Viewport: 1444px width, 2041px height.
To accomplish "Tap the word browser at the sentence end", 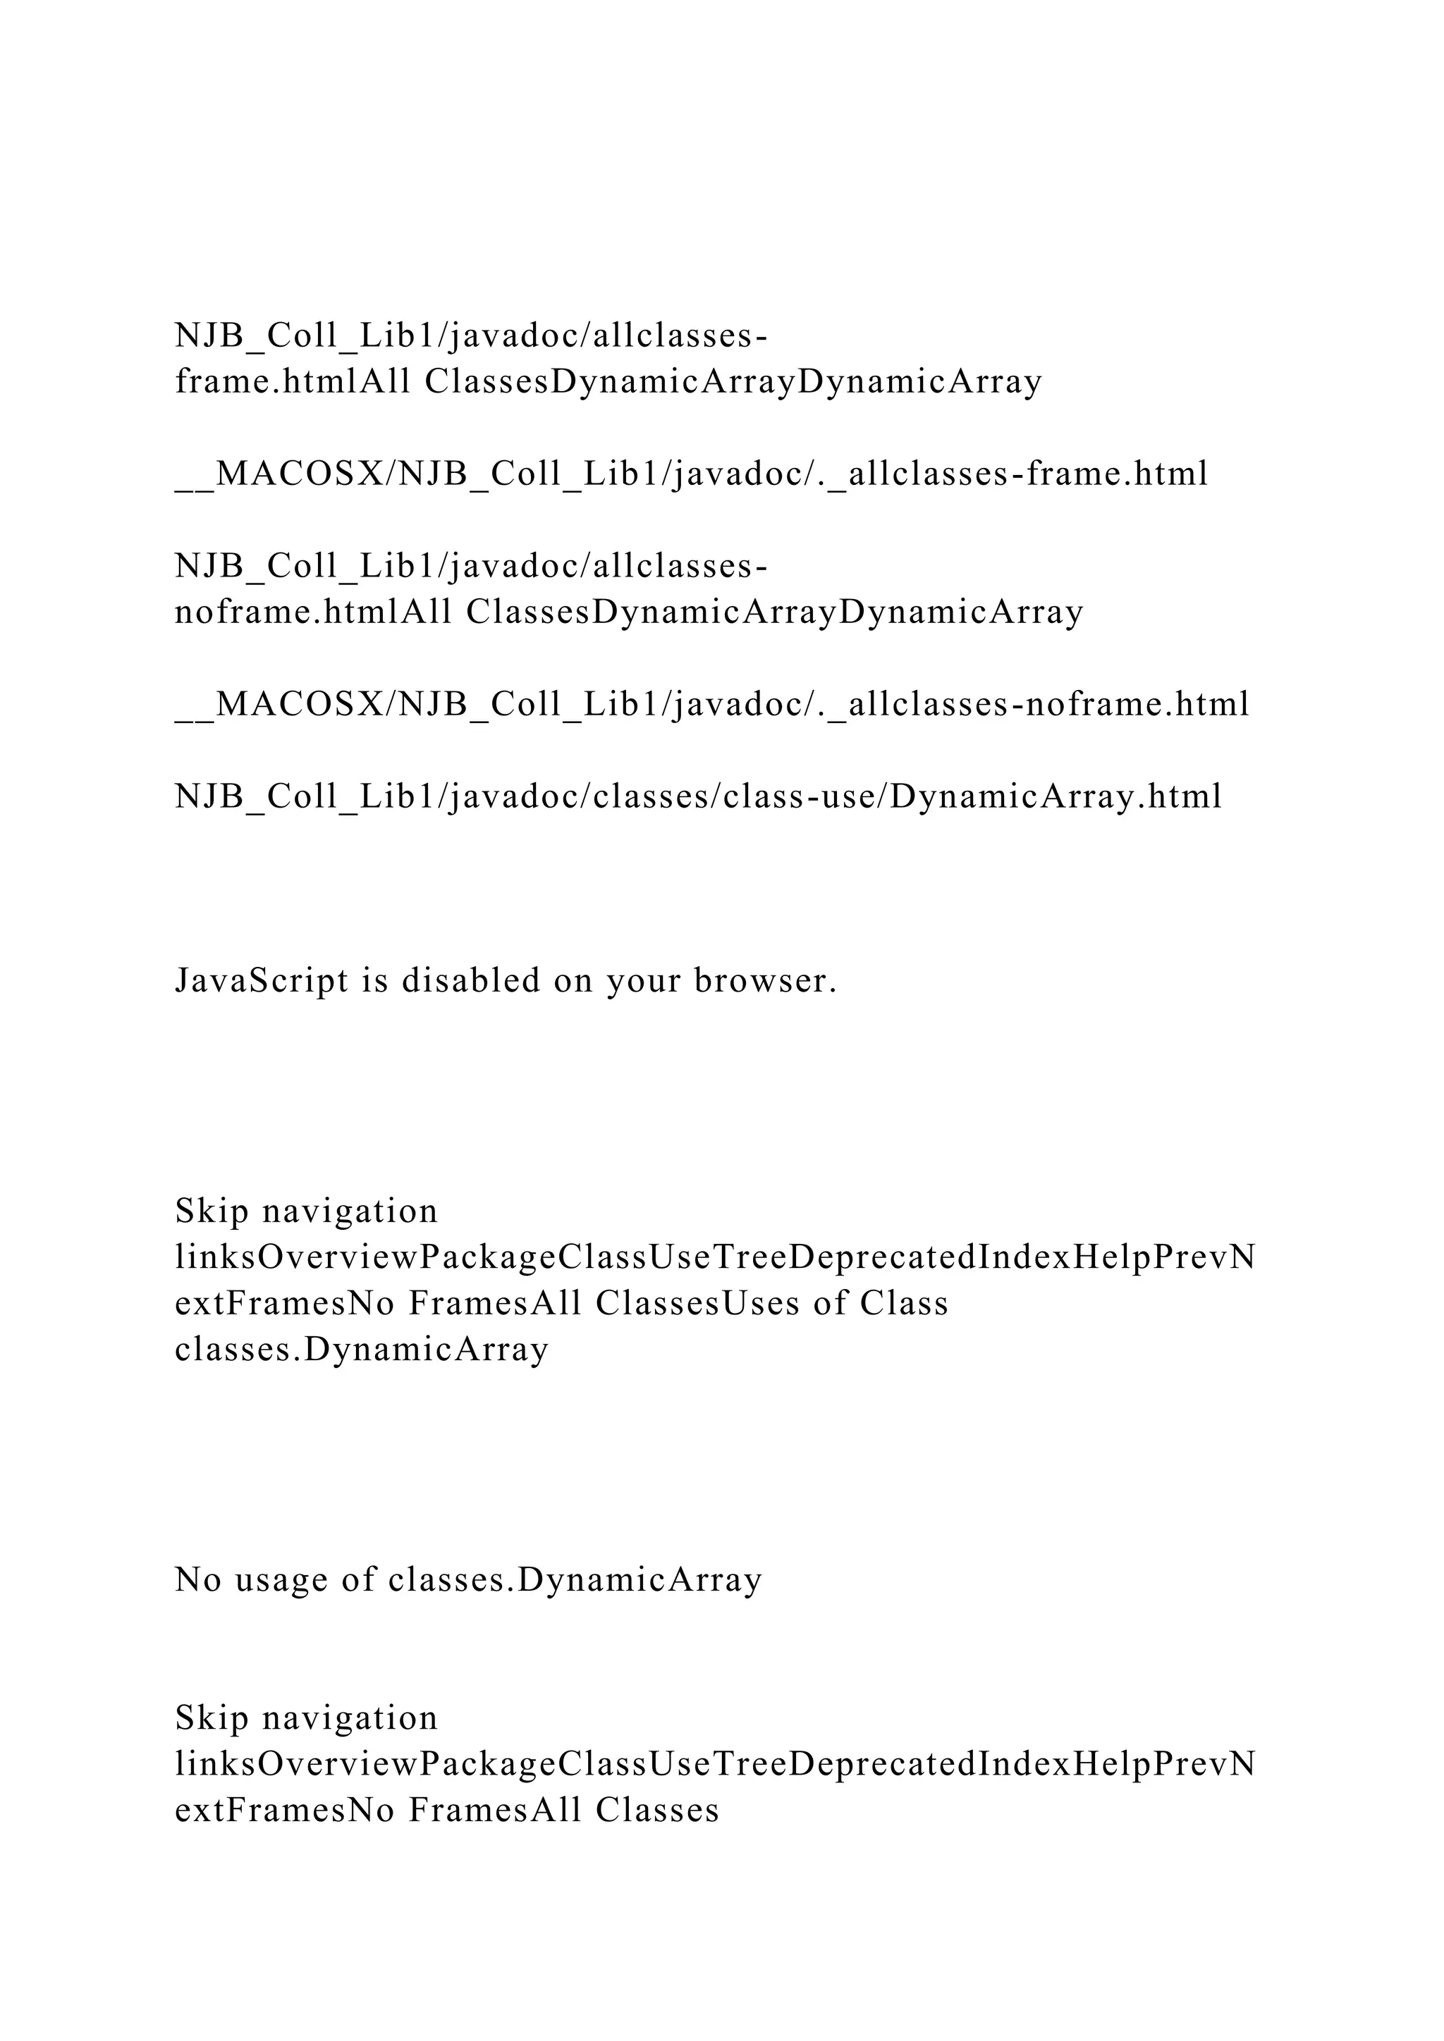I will [766, 980].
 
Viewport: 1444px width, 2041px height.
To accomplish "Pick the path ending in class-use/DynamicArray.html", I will [698, 796].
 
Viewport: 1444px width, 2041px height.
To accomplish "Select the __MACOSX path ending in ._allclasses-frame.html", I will [691, 474].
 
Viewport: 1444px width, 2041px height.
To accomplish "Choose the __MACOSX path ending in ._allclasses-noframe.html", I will [711, 704].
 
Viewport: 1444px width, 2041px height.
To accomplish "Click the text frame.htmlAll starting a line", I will [293, 381].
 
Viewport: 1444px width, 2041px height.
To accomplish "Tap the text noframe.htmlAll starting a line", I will [313, 612].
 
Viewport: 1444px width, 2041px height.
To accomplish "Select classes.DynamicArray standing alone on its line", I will [362, 1350].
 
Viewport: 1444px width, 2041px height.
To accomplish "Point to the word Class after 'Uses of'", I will [905, 1303].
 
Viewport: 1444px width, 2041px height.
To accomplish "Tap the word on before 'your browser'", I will [573, 980].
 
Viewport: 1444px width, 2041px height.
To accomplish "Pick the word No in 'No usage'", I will [197, 1579].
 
